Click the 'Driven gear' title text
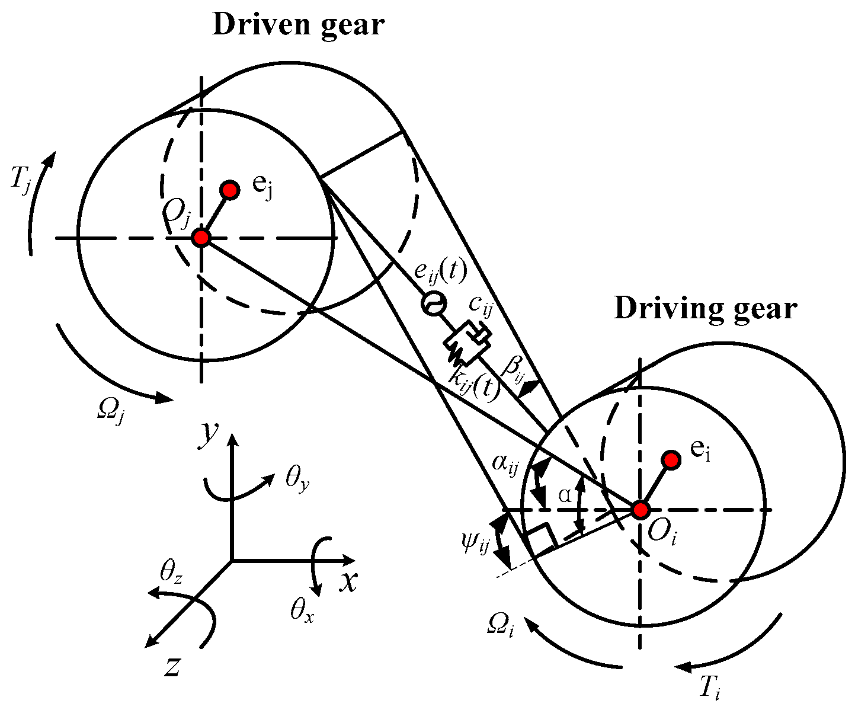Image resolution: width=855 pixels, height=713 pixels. point(299,25)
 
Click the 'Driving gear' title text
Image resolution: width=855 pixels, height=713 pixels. point(705,309)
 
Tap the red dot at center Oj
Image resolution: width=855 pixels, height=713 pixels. point(201,238)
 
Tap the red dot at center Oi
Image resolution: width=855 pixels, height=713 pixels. point(641,509)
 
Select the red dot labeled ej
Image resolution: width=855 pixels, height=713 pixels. point(229,190)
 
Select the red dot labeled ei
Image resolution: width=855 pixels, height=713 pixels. point(671,460)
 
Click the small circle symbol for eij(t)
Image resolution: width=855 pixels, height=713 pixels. point(431,304)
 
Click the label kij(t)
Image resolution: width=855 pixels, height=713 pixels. point(474,383)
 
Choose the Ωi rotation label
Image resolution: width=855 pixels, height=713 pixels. point(500,624)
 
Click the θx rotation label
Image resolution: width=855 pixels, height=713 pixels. point(301,610)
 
